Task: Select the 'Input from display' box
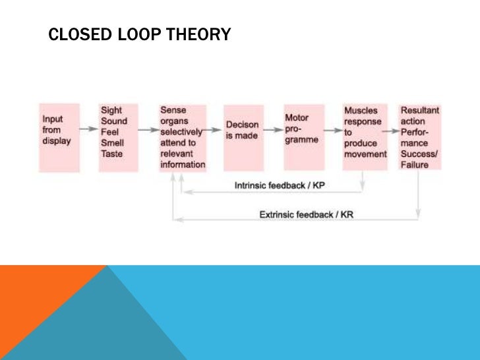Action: pyautogui.click(x=59, y=138)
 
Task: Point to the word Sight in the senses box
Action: pyautogui.click(x=111, y=111)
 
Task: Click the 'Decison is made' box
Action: pyautogui.click(x=243, y=138)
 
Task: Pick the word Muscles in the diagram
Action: pyautogui.click(x=361, y=111)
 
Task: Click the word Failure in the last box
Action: pyautogui.click(x=414, y=165)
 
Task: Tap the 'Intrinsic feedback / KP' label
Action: pyautogui.click(x=280, y=186)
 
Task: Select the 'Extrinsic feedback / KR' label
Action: pyautogui.click(x=307, y=215)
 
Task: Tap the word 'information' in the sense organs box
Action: pyautogui.click(x=183, y=165)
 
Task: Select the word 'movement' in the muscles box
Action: pyautogui.click(x=365, y=154)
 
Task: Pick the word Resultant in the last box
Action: pyautogui.click(x=419, y=111)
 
